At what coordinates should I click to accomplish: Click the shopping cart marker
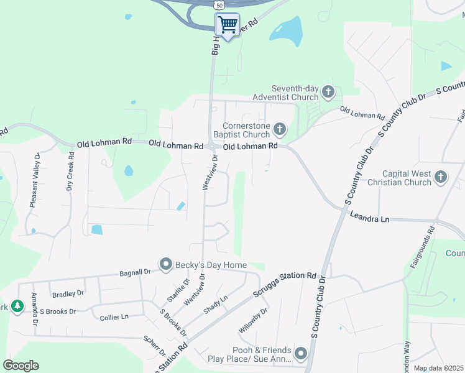pos(228,25)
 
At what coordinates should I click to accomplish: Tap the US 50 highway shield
pos(219,4)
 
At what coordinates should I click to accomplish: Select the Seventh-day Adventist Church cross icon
pos(328,93)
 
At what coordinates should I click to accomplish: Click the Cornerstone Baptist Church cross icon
pos(280,129)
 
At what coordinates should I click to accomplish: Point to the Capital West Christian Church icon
pos(441,177)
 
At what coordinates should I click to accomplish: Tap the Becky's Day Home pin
pos(166,265)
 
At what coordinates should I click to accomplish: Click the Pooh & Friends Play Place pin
pos(301,354)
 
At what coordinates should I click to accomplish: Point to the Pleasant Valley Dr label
pos(35,180)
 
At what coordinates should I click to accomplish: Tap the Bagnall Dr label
pos(135,272)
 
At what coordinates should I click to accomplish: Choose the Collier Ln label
pos(114,317)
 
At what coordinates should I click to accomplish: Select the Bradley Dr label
pos(68,293)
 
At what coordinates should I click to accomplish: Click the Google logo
pos(21,366)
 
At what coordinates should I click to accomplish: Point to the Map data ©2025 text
pos(438,368)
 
